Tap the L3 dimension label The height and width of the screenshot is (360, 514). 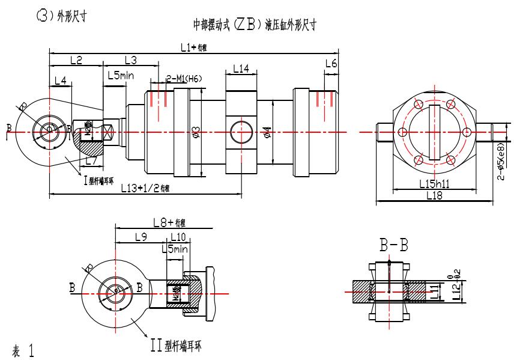pyautogui.click(x=130, y=59)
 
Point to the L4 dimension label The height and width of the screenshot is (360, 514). pyautogui.click(x=60, y=80)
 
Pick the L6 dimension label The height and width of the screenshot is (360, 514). pyautogui.click(x=331, y=63)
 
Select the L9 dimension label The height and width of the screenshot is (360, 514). pyautogui.click(x=140, y=237)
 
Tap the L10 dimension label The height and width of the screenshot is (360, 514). pyautogui.click(x=178, y=237)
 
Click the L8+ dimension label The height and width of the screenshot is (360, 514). pyautogui.click(x=168, y=222)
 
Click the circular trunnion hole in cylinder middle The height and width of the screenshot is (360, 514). pyautogui.click(x=241, y=130)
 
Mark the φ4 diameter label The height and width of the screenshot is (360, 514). pyautogui.click(x=267, y=131)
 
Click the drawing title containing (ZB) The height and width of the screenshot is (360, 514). pyautogui.click(x=254, y=25)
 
